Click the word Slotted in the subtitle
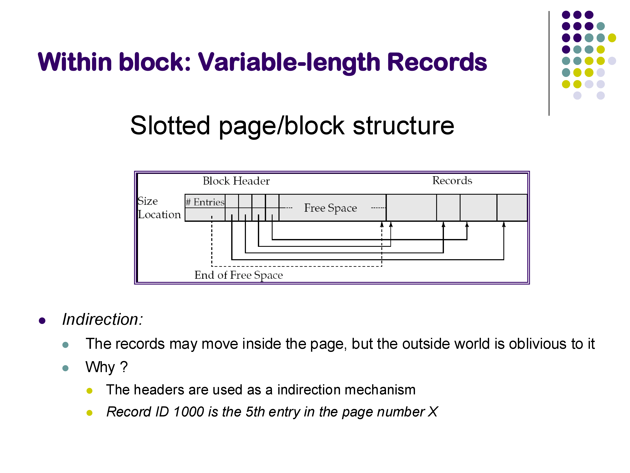(170, 126)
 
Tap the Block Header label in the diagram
(236, 181)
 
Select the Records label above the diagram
(452, 180)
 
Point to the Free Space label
(330, 208)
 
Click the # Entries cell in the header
(205, 202)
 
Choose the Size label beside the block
(148, 201)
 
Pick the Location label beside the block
(159, 215)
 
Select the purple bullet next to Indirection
(42, 321)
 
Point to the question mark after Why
(124, 367)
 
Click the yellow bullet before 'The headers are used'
(89, 391)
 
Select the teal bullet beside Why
(65, 368)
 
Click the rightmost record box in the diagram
(512, 207)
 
